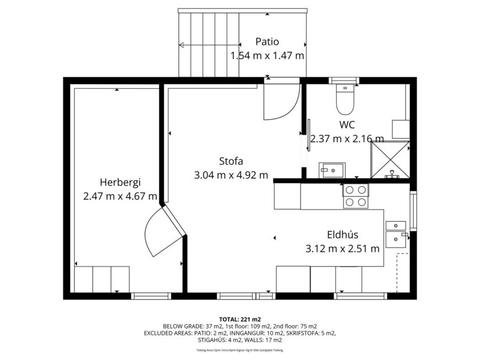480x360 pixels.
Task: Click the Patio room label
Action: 267,42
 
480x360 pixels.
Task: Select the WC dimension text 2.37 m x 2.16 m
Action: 347,139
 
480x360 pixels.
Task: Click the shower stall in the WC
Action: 390,160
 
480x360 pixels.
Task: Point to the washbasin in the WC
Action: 331,170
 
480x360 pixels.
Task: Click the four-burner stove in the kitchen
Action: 355,196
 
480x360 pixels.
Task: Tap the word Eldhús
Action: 342,235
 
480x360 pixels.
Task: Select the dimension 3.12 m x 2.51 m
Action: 342,249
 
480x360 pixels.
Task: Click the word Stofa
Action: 230,161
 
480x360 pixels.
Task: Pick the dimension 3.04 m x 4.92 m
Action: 230,175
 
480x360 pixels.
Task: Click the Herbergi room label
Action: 120,182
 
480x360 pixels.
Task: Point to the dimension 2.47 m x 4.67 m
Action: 120,196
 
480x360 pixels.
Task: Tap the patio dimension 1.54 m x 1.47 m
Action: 267,56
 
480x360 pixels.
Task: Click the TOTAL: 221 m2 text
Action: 240,319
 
